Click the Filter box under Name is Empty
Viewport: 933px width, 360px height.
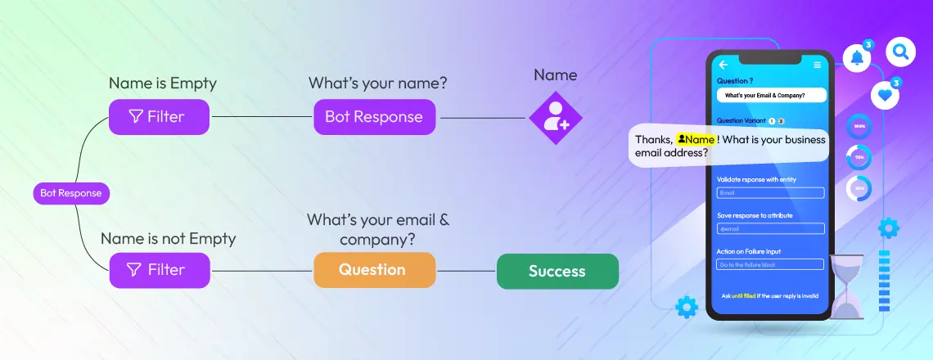[x=160, y=116]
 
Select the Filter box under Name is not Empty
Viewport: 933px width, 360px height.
[x=160, y=269]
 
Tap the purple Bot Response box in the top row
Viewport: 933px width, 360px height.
[x=374, y=116]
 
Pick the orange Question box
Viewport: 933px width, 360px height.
[x=373, y=269]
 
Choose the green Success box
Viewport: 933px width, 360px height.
[x=557, y=271]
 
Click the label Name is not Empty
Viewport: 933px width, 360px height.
[x=168, y=239]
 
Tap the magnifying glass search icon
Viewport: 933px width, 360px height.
[x=901, y=52]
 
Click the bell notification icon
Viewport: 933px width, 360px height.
[x=857, y=57]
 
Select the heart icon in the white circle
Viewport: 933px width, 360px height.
[x=885, y=95]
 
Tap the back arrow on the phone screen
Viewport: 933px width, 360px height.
[x=723, y=65]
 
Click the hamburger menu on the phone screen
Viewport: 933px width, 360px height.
[x=817, y=65]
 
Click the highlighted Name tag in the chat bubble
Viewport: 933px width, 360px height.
[x=696, y=139]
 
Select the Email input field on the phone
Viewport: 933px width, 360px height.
[x=770, y=193]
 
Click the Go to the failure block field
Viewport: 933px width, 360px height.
[x=770, y=264]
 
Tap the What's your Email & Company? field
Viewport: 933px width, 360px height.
[x=770, y=95]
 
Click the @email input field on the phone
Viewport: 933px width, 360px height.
[x=770, y=228]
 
